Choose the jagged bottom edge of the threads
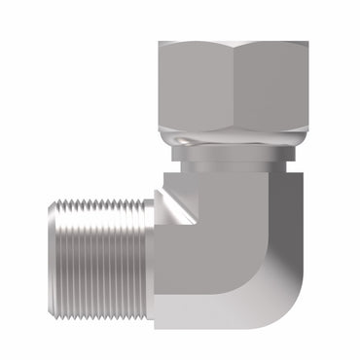97,311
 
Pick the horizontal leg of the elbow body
195,282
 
